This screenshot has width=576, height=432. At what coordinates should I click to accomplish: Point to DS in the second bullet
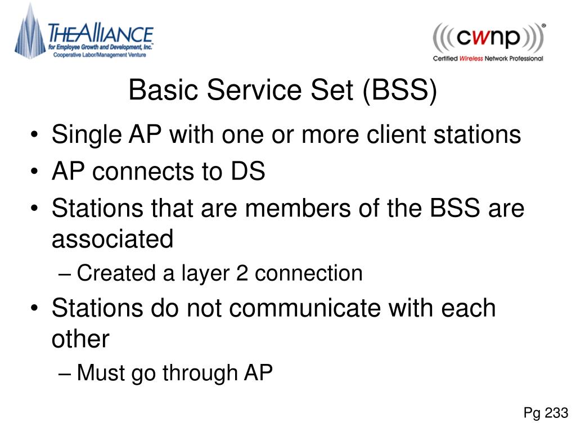click(248, 172)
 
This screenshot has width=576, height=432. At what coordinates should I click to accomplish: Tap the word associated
click(112, 239)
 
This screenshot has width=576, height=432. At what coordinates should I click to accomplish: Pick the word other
click(80, 339)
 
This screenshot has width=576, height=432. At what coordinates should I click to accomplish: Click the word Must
click(101, 372)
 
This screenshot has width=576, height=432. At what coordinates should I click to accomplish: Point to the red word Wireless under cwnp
click(471, 58)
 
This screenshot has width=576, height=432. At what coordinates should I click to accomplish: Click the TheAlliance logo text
click(101, 33)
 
